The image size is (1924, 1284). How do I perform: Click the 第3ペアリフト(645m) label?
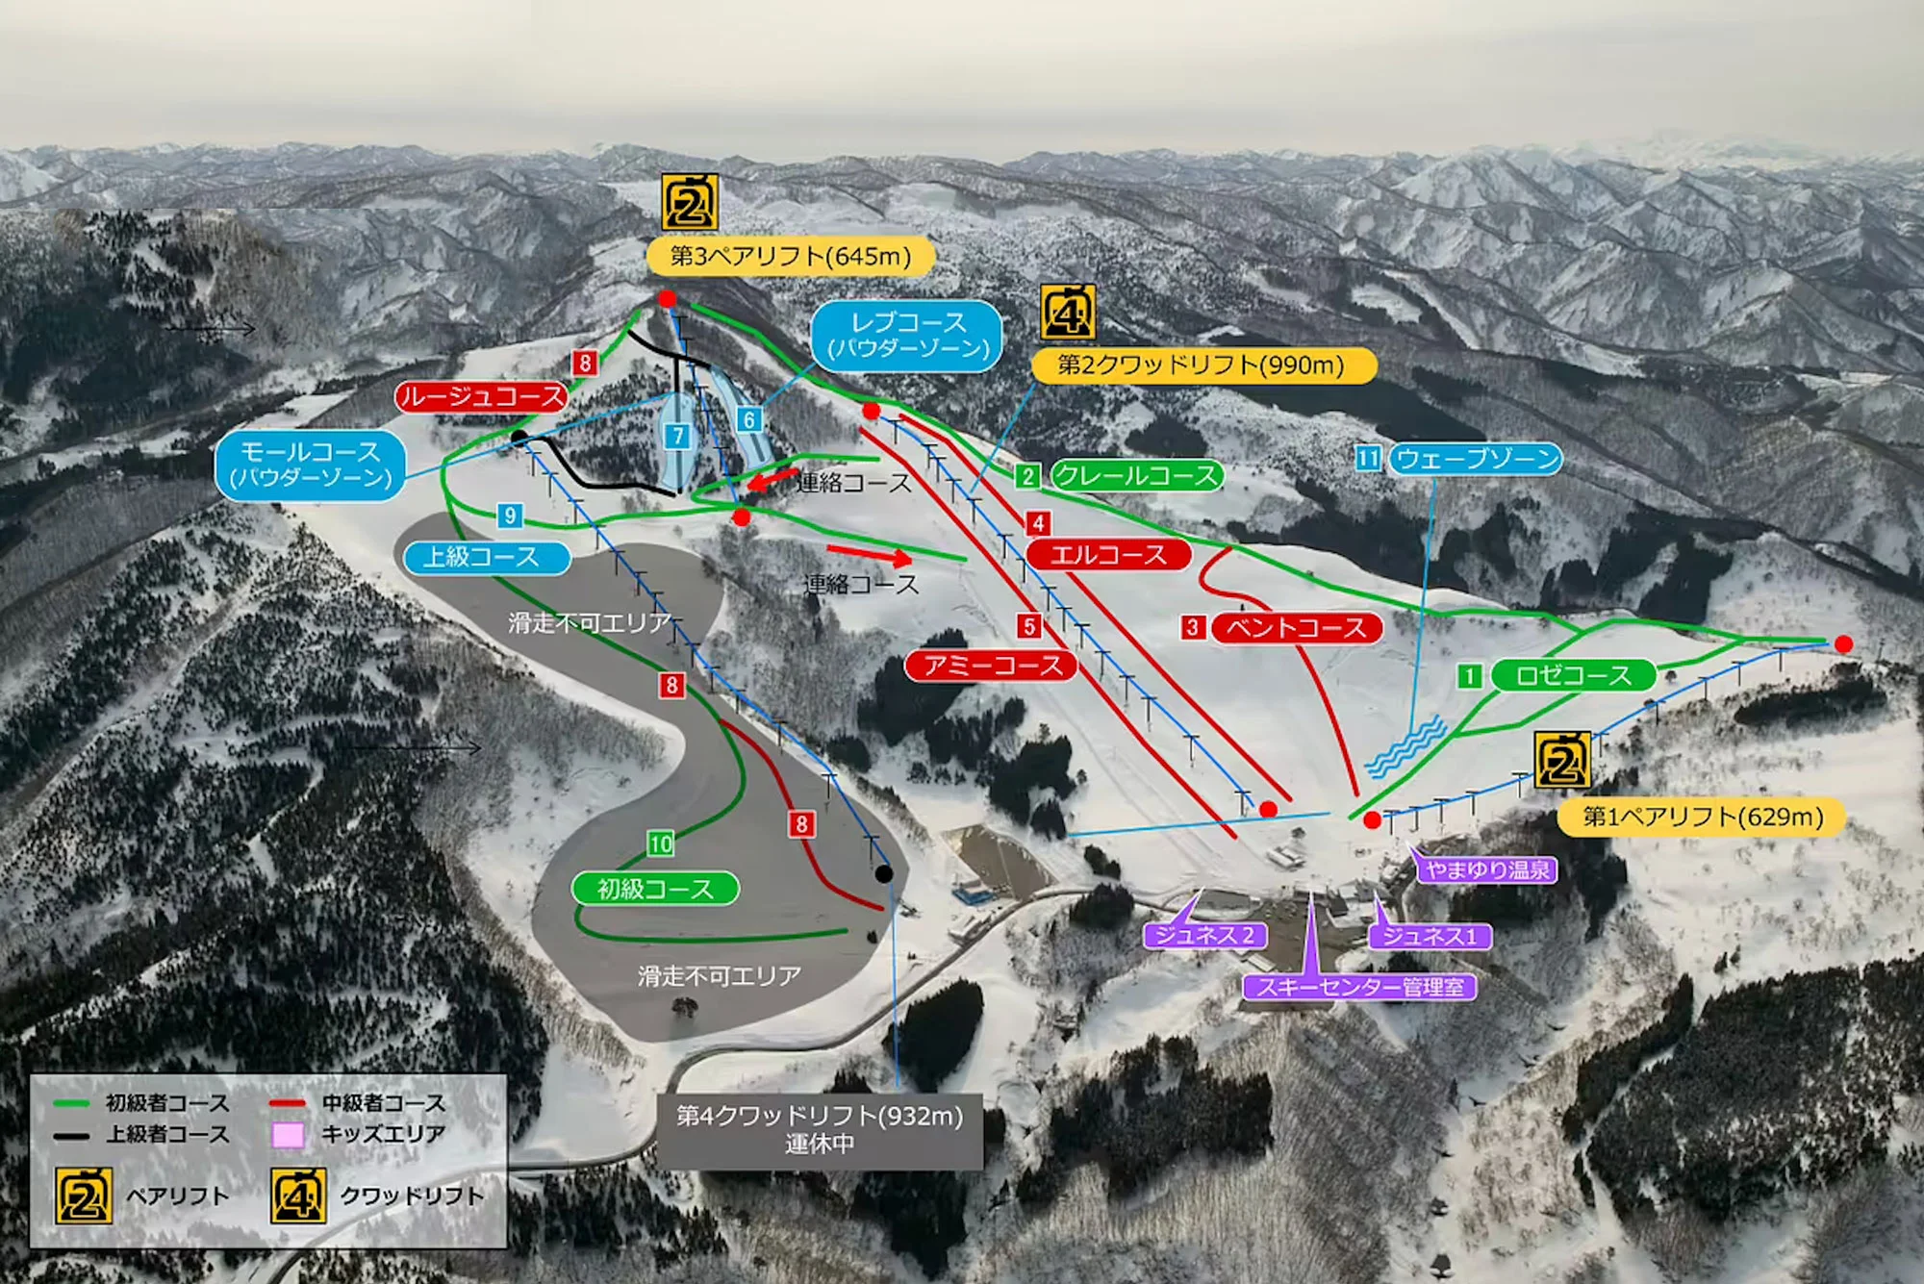pos(790,256)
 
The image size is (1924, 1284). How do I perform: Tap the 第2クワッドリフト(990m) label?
pos(1202,365)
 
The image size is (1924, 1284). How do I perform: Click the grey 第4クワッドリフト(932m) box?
pos(820,1130)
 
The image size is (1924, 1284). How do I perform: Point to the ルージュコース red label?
pos(481,396)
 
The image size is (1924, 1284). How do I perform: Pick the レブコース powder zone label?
pos(907,335)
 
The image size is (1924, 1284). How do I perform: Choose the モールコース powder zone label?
pos(311,466)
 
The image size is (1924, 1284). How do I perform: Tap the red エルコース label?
pos(1108,555)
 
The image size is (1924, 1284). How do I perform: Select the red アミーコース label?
pos(992,666)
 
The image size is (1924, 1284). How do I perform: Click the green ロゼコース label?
pos(1573,675)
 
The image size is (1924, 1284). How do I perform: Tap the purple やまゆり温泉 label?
pos(1487,870)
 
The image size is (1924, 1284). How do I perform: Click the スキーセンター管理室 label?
pos(1359,987)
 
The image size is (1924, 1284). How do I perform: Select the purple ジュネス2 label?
pos(1204,935)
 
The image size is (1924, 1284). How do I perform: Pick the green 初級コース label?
pos(655,889)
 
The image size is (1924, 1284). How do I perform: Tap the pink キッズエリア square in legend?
pos(288,1135)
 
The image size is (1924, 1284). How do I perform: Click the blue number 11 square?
pos(1368,458)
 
